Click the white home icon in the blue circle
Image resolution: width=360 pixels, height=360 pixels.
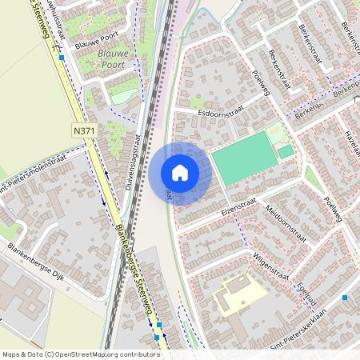pos(180,173)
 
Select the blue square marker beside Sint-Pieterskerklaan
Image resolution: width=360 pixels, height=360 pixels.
pos(345,298)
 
